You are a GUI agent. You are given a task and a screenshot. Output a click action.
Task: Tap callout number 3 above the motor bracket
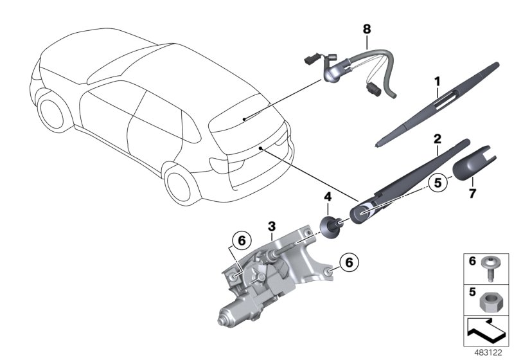click(272, 226)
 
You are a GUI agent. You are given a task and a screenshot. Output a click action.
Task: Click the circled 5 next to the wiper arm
click(438, 183)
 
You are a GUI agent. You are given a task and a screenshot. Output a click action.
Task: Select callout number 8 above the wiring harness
click(367, 29)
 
